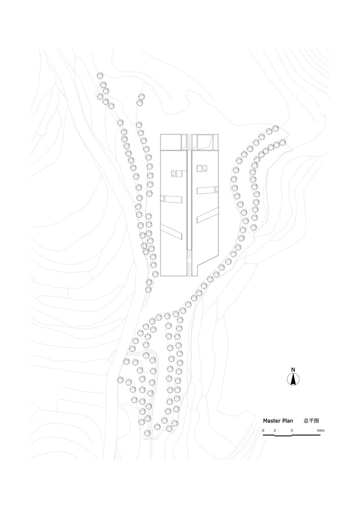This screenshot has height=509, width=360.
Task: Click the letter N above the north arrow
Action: [293, 370]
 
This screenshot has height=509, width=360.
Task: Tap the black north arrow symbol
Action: [293, 379]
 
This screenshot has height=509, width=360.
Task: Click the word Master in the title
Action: [272, 421]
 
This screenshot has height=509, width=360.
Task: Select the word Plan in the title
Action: [288, 421]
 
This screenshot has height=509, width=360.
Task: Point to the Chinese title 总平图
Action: [311, 421]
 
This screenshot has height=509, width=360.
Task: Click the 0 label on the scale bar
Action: [263, 431]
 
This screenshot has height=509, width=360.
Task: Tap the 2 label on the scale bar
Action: [274, 431]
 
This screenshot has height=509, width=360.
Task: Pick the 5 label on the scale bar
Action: [292, 431]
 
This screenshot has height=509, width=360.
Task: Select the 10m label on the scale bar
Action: [320, 431]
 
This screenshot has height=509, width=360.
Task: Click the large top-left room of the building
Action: [171, 142]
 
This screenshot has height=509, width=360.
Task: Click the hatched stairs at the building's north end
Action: [189, 142]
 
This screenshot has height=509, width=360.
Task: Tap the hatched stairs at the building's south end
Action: [189, 263]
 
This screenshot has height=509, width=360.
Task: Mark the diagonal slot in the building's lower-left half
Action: [171, 230]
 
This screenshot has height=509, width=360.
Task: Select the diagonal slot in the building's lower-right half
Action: [207, 215]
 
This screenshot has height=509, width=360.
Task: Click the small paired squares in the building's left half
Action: [177, 174]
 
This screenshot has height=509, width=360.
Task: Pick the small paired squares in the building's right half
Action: [202, 168]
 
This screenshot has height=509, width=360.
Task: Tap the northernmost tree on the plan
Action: [100, 76]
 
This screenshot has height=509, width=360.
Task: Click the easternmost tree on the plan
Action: [283, 142]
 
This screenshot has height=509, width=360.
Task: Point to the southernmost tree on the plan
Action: [148, 433]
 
